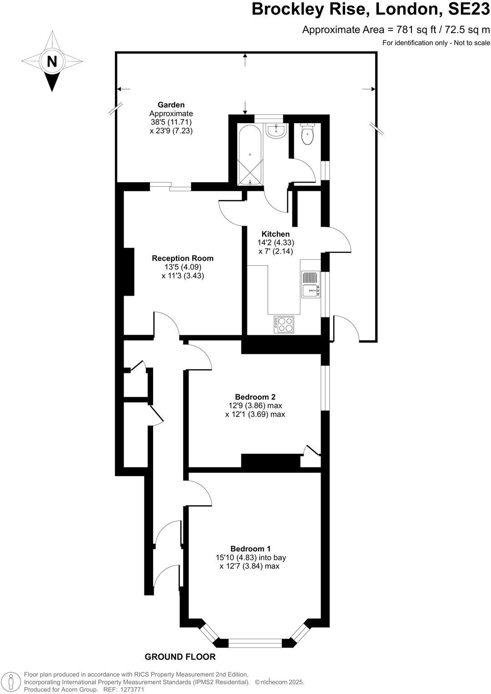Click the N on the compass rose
pos(52,61)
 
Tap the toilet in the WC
pos(308,134)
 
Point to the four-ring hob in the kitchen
pos(284,324)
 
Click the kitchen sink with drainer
pos(311,284)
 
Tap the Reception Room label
pos(182,258)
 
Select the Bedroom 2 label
pos(255,397)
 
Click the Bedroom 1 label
pos(251,548)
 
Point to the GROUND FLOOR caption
pos(180,657)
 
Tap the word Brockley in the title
pos(291,9)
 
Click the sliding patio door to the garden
pos(171,186)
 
